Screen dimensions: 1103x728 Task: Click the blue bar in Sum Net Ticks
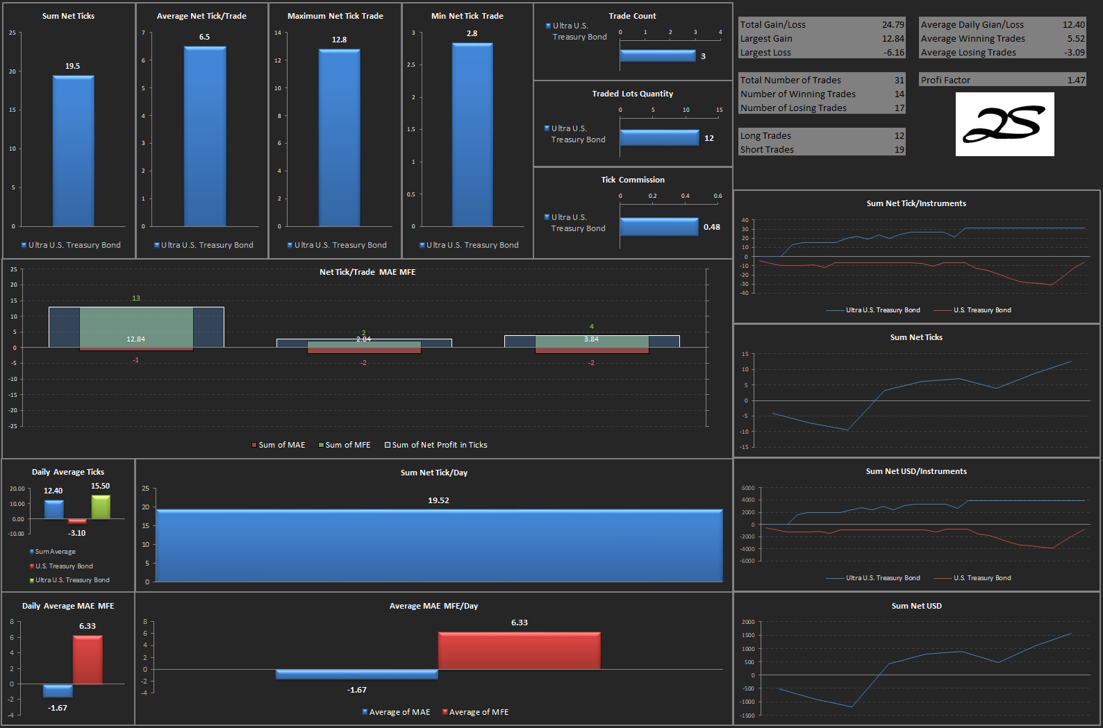(74, 151)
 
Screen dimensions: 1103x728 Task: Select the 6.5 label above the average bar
(204, 37)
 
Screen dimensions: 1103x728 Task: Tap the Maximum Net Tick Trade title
(335, 16)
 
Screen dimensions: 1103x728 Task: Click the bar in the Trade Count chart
(658, 56)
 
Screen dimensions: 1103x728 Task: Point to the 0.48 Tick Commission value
(711, 227)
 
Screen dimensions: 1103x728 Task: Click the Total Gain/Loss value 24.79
(893, 24)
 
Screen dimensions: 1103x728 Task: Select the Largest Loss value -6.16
(894, 52)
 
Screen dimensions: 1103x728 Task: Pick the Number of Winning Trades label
(797, 94)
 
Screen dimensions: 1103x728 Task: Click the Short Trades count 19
(899, 149)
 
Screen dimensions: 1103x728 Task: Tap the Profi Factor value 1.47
(1076, 81)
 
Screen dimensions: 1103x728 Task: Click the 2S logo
(1004, 124)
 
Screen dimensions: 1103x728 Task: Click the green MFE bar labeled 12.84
(136, 327)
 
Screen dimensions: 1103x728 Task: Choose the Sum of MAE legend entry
(279, 445)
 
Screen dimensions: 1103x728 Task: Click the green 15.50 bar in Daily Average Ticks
(101, 507)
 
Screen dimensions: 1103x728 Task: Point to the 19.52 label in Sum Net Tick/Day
(438, 500)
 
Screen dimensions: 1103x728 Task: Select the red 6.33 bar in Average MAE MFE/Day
(519, 650)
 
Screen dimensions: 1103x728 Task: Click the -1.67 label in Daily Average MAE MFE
(58, 708)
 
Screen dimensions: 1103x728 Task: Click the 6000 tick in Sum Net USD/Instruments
(747, 488)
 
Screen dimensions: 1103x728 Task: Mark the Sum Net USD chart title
(916, 606)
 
